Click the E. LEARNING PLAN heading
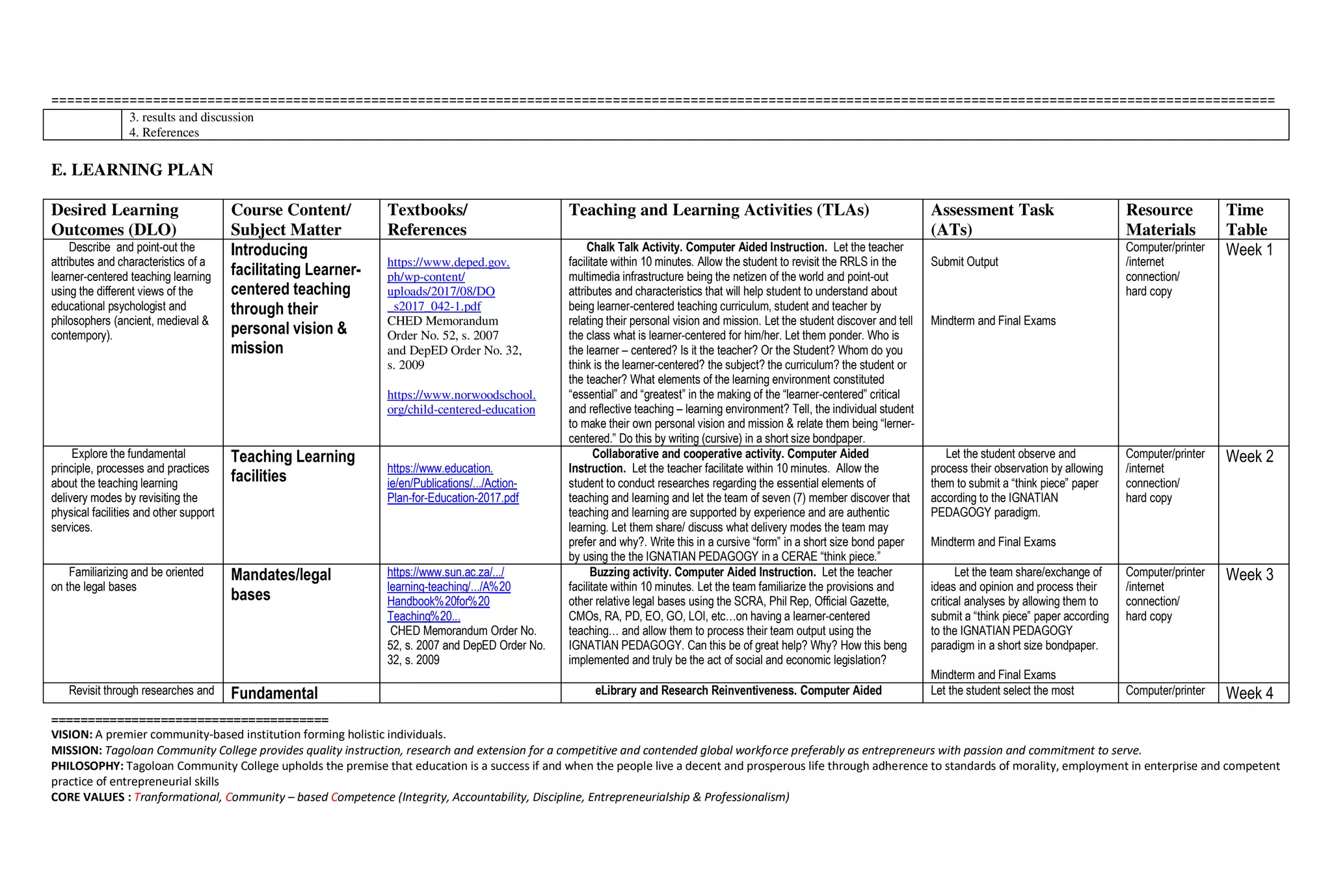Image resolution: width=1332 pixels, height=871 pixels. (132, 170)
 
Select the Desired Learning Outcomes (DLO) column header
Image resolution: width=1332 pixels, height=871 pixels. (115, 219)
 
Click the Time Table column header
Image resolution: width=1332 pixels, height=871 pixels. (1246, 219)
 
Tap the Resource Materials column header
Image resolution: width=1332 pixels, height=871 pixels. (1160, 219)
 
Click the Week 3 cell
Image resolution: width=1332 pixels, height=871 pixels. (1249, 575)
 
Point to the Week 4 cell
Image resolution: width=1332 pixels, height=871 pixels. (1249, 693)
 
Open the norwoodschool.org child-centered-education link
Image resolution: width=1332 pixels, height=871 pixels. (460, 402)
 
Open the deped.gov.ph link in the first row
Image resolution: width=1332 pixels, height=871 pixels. (447, 284)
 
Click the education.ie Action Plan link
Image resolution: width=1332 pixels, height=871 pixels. (452, 483)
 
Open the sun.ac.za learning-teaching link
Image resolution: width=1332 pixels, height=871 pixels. (448, 594)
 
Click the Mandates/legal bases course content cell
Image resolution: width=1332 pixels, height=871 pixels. (280, 584)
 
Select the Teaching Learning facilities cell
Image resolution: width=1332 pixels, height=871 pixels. (292, 466)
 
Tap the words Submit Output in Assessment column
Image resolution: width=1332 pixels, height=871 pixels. (964, 262)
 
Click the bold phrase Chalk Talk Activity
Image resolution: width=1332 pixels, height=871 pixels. (634, 247)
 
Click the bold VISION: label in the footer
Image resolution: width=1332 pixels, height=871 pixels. (72, 735)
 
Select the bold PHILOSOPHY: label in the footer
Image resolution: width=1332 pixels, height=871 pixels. (87, 766)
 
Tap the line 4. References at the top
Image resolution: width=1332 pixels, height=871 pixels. (164, 133)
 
